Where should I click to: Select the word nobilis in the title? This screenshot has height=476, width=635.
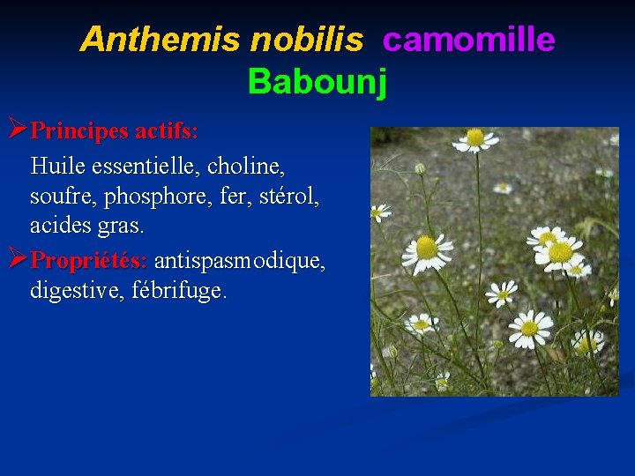[306, 39]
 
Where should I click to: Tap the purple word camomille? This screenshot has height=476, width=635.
[468, 39]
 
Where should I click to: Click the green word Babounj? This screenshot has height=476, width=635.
[317, 81]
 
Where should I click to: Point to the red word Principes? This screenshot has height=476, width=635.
[80, 132]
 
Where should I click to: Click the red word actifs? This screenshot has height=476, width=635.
[166, 132]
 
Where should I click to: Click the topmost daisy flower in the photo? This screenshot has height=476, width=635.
[476, 138]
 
